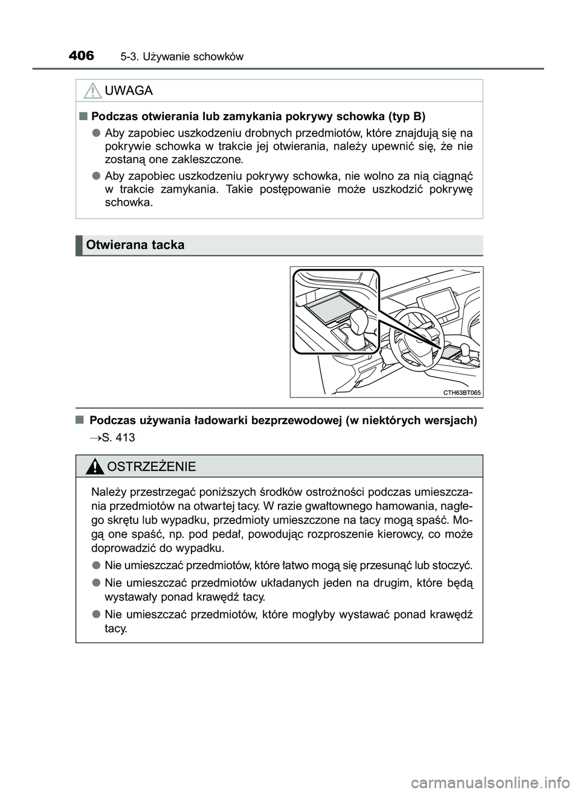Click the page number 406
[82, 56]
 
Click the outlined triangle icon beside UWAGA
[92, 91]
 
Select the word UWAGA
[129, 91]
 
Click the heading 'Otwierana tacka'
[135, 245]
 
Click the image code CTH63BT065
[462, 392]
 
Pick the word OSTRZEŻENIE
[150, 466]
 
